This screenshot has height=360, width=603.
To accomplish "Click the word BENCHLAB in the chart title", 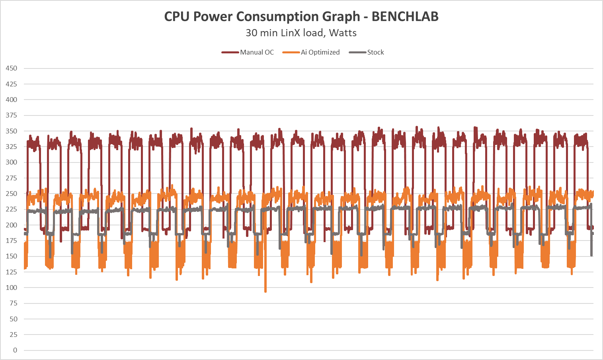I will point(405,17).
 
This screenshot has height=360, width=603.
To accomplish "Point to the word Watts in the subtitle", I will point(343,33).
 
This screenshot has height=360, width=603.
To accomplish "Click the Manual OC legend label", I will point(257,52).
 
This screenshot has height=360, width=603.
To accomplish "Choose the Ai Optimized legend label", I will point(320,52).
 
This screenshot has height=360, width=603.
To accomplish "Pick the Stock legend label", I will point(375,52).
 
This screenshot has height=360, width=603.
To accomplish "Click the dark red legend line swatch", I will point(230,52).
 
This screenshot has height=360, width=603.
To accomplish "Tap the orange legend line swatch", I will point(291,52).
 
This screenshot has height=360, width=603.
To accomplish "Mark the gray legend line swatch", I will point(357,52).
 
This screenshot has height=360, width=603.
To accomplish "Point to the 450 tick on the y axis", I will point(12,68).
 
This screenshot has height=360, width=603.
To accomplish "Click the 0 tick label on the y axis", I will point(15,350).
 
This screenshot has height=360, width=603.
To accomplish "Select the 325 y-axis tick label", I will point(12,147).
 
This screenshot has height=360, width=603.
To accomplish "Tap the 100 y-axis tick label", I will point(12,288).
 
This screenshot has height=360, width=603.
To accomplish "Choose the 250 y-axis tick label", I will point(12,194).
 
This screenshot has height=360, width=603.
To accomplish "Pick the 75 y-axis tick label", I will point(14,303).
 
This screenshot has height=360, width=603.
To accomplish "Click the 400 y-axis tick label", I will point(12,100).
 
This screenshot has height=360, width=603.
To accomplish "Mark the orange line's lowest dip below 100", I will point(265,291).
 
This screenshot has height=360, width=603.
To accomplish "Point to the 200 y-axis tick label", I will point(12,225).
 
